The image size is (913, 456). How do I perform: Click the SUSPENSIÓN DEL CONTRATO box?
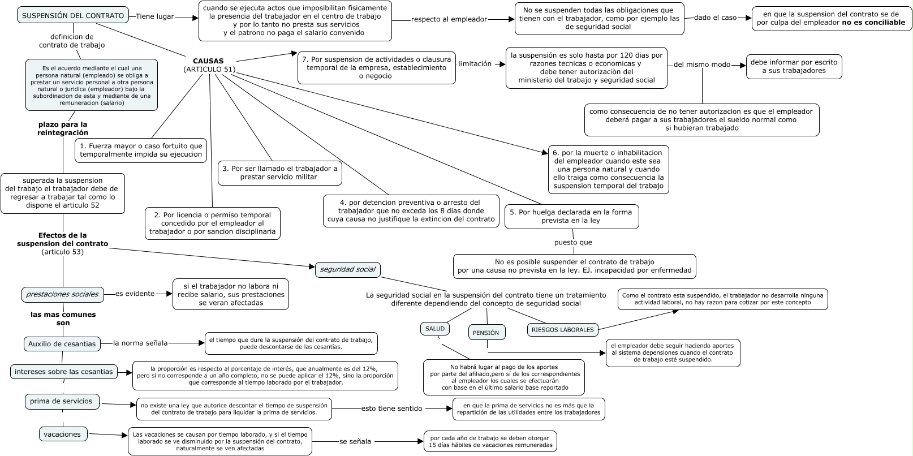pos(72,16)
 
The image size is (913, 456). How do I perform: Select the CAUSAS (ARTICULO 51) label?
pos(209,65)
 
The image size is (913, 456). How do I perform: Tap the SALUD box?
pos(435,329)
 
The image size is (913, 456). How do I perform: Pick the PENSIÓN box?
pos(486,333)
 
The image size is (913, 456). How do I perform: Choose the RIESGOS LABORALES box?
pos(562,329)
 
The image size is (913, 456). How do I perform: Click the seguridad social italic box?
pos(347,269)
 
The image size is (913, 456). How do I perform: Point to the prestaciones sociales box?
pos(63,294)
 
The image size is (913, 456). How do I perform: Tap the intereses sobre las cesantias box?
pos(64,372)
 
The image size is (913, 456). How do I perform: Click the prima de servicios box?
pos(62,401)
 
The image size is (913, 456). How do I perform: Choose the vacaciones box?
pos(63,435)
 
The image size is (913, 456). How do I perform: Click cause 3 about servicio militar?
pos(279,173)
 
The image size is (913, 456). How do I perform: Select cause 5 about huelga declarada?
pos(571,216)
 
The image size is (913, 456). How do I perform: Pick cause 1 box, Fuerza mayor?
pos(141,150)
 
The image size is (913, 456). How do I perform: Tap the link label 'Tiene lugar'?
pos(154,16)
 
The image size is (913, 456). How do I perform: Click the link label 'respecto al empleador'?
pos(449,19)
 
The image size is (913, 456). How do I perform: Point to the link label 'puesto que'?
pos(573,242)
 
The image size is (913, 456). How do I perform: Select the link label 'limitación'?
pos(475,64)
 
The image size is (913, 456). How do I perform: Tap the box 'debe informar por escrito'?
pos(794,66)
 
